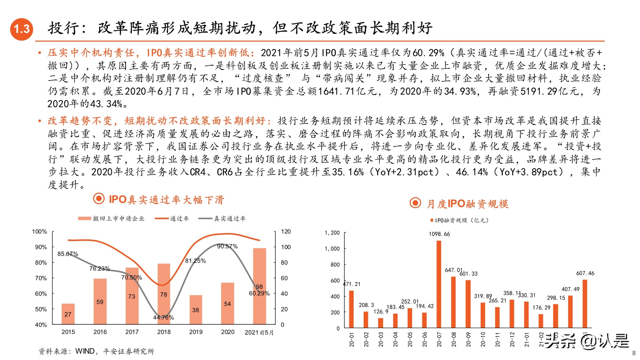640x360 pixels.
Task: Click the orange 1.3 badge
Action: (22, 29)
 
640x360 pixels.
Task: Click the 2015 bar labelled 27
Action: (68, 314)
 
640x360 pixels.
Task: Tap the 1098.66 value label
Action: (439, 234)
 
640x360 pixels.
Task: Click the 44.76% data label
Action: (163, 317)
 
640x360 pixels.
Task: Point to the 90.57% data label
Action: (227, 246)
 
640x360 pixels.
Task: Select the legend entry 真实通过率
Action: (229, 219)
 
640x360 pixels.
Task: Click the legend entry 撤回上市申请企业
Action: (118, 219)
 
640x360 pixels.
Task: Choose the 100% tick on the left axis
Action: (39, 231)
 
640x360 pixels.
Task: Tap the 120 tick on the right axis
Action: (286, 231)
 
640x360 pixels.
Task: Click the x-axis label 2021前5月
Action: (259, 332)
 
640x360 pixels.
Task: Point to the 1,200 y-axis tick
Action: (332, 233)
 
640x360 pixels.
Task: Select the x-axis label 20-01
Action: (352, 339)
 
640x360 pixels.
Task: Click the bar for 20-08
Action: (453, 302)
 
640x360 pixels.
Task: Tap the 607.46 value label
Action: (585, 273)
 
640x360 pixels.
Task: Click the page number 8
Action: (634, 353)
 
